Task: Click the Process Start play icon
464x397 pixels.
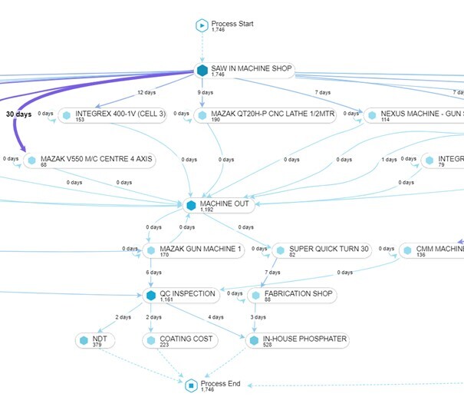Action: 202,26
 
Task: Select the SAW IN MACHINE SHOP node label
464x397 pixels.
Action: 252,69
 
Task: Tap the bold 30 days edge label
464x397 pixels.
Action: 19,114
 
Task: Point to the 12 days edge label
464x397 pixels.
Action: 146,93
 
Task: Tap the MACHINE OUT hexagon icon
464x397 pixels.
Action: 191,205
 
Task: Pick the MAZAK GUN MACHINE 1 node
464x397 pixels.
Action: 198,250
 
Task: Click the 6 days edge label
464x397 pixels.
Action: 154,273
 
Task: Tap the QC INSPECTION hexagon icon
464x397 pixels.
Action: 150,295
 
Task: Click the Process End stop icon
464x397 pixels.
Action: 191,385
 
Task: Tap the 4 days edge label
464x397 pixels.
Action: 215,317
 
